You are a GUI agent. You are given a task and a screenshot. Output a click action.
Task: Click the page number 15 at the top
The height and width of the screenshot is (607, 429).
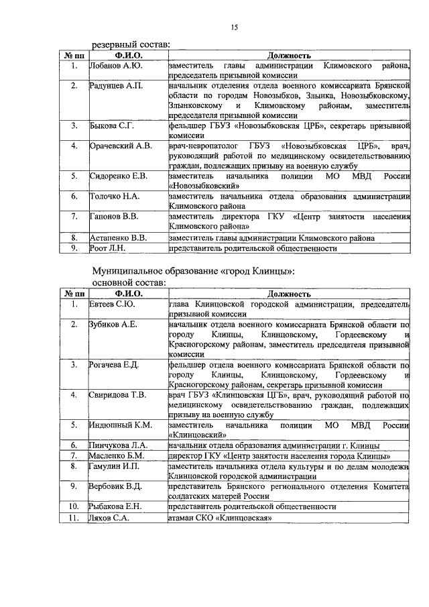pyautogui.click(x=234, y=27)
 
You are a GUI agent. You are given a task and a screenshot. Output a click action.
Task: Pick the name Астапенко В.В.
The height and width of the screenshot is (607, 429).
pyautogui.click(x=118, y=237)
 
